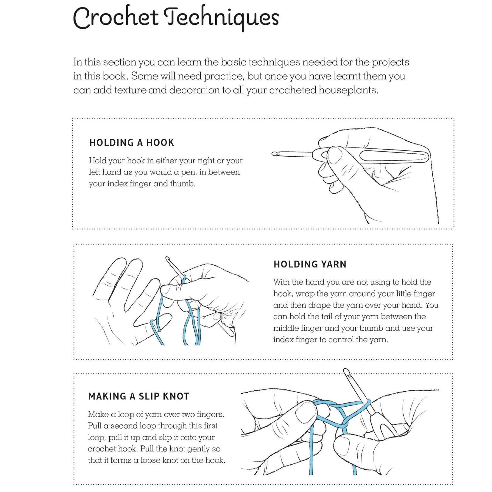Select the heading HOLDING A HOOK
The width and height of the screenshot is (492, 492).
(132, 143)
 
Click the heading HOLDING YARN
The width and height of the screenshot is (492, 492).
(310, 264)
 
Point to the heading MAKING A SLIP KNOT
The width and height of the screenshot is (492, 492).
(139, 396)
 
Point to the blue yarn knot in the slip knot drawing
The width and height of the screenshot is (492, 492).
(345, 424)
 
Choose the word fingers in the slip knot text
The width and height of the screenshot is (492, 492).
(211, 415)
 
